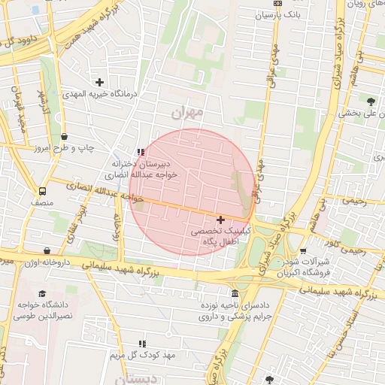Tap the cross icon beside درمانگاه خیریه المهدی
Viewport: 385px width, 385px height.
[99, 81]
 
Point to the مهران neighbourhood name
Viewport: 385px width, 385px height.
[187, 114]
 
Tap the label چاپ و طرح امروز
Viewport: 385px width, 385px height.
[64, 149]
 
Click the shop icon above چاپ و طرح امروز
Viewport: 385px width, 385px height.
[64, 137]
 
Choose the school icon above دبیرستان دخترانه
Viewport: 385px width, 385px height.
[140, 152]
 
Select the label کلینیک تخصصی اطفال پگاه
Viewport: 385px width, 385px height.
[218, 239]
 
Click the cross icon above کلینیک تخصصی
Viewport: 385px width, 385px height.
[220, 220]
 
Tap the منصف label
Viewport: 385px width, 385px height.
[41, 204]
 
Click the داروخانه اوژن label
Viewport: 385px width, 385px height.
[46, 263]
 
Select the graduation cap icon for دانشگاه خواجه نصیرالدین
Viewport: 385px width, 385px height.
[43, 293]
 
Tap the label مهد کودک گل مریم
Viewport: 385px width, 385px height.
[143, 354]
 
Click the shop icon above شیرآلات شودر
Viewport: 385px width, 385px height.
[303, 252]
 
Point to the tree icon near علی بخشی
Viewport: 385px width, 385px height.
[371, 100]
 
